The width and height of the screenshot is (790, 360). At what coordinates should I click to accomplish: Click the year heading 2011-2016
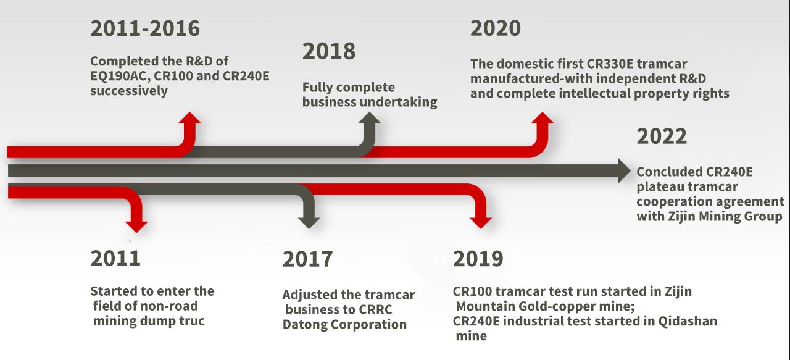pyautogui.click(x=145, y=28)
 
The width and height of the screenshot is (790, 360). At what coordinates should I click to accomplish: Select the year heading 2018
pyautogui.click(x=329, y=51)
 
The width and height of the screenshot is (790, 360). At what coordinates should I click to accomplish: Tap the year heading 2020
pyautogui.click(x=496, y=28)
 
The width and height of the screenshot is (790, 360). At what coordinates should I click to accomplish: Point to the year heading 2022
pyautogui.click(x=662, y=136)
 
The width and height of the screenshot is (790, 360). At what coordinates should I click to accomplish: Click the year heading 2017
pyautogui.click(x=307, y=259)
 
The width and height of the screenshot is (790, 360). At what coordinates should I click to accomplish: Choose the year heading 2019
pyautogui.click(x=478, y=258)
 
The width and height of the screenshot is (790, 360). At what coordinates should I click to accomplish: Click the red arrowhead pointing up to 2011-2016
pyautogui.click(x=189, y=118)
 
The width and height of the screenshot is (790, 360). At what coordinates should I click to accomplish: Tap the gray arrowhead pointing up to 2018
pyautogui.click(x=370, y=118)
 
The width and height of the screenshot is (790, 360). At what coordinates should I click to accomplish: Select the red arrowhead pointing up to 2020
pyautogui.click(x=542, y=118)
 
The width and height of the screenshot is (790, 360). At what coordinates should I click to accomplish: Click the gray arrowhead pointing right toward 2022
pyautogui.click(x=625, y=171)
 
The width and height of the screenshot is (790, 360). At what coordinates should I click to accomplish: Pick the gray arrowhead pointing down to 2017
pyautogui.click(x=309, y=223)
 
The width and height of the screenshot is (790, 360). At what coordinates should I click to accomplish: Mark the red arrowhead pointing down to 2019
pyautogui.click(x=481, y=223)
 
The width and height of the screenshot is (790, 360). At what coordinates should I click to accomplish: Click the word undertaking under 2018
pyautogui.click(x=398, y=103)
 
